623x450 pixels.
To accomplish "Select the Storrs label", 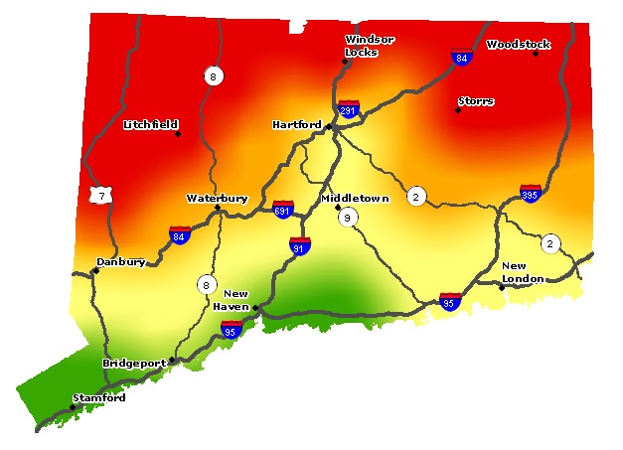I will point(476,101).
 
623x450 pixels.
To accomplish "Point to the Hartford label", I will point(296,125).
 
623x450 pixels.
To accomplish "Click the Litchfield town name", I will point(150,125).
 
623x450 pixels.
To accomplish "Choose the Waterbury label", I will point(217,199).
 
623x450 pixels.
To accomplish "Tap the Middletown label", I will point(355,199).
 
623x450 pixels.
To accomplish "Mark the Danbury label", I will point(121,262).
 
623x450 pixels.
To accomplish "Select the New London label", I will point(523,272).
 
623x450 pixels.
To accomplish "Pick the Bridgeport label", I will point(135,364).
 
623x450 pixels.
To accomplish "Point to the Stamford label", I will point(99,398).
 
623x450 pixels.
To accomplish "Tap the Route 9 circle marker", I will point(347,218).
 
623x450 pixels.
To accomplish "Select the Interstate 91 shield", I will point(299,245).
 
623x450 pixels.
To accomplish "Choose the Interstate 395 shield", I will point(531,195).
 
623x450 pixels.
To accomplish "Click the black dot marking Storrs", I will point(458,110).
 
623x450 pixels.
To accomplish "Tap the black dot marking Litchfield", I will point(178,133).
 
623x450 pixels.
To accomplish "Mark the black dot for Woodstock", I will point(536,54).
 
